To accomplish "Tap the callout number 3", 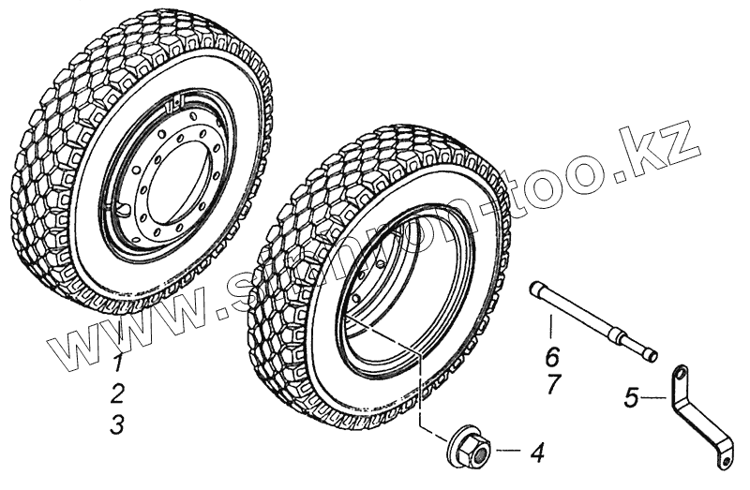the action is [116, 424].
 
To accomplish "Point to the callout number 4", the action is [536, 454].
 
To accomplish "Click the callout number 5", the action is [632, 398].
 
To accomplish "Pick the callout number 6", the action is [552, 356].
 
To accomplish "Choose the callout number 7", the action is [552, 385].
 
